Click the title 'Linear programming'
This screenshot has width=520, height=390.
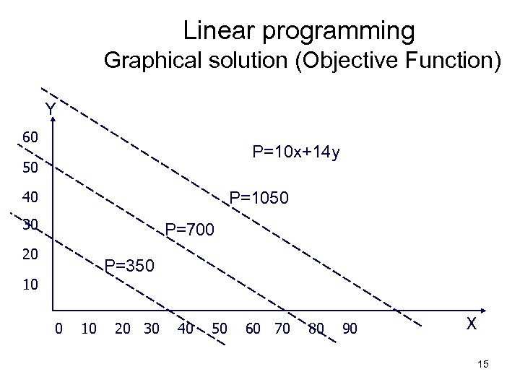point(299,31)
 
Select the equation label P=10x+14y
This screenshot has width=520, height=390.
point(296,152)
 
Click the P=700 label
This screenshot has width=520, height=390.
point(189,231)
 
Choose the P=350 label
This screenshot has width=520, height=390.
point(129,266)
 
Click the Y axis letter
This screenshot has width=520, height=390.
point(50,110)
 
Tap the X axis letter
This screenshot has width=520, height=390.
point(471,324)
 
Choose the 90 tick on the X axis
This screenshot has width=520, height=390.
point(349,329)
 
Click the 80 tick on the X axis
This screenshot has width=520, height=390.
point(315,329)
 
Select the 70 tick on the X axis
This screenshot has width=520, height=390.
point(281,329)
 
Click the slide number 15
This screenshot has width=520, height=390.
point(483,365)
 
